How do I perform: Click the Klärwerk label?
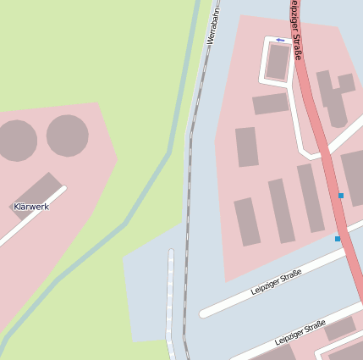coord(31,207)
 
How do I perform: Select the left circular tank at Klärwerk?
coord(16,141)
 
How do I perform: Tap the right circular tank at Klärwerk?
coord(68,136)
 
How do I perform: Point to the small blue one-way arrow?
coord(280,39)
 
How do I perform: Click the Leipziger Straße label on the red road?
coord(296,30)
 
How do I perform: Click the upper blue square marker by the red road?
coord(341,196)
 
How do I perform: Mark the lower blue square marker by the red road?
coord(338,239)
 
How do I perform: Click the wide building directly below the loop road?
coord(271,103)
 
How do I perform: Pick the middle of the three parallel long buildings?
coord(281,210)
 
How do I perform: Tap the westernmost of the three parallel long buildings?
coord(247,221)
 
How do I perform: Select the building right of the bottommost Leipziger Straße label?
coord(340,330)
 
